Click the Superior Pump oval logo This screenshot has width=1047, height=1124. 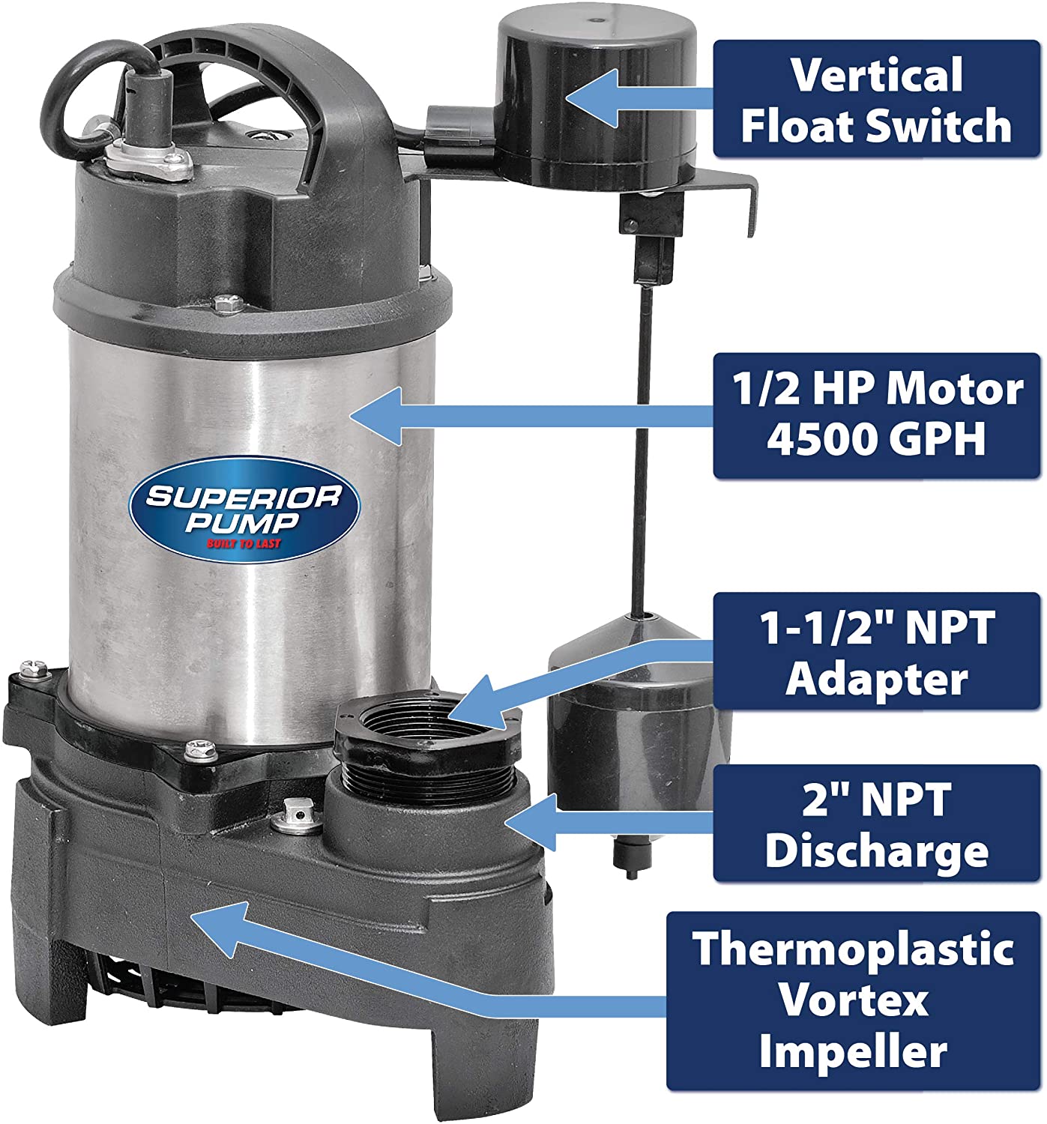click(245, 509)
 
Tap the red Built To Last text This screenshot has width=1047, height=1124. click(244, 543)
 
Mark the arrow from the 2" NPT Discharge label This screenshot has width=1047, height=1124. click(607, 823)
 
